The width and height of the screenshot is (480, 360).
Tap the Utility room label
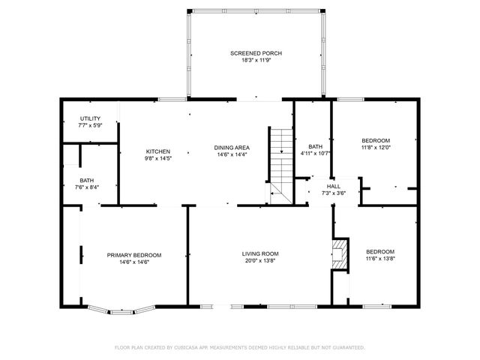click(x=90, y=118)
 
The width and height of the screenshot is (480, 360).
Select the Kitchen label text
click(x=157, y=151)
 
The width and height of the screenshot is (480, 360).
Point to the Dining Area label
click(x=232, y=148)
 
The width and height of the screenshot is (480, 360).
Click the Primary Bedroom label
click(x=133, y=255)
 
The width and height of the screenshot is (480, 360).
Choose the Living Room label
click(x=259, y=253)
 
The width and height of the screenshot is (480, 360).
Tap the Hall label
click(x=333, y=186)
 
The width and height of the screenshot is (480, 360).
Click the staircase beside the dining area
click(x=280, y=161)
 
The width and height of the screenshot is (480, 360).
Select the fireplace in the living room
click(x=340, y=253)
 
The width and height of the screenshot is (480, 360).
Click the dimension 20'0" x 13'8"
click(x=259, y=260)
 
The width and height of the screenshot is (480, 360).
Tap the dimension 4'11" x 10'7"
click(x=315, y=153)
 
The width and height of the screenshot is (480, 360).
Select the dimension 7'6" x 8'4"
click(x=87, y=187)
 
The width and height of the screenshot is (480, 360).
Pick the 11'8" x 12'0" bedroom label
click(x=376, y=147)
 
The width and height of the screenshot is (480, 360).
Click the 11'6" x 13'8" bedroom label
click(x=379, y=258)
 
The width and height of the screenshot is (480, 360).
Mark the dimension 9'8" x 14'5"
click(x=157, y=157)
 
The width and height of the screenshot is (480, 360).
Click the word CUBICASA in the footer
click(x=189, y=347)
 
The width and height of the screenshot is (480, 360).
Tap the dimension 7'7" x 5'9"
click(x=90, y=125)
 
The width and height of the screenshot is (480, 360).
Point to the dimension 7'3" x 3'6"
click(x=333, y=193)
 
